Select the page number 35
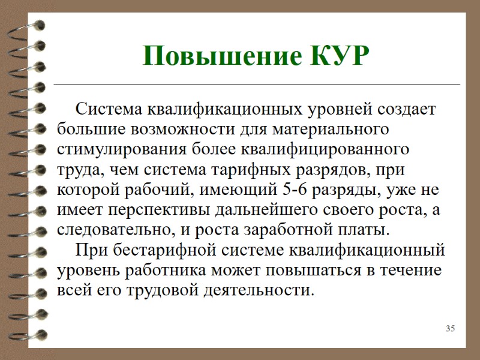pyautogui.click(x=451, y=328)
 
